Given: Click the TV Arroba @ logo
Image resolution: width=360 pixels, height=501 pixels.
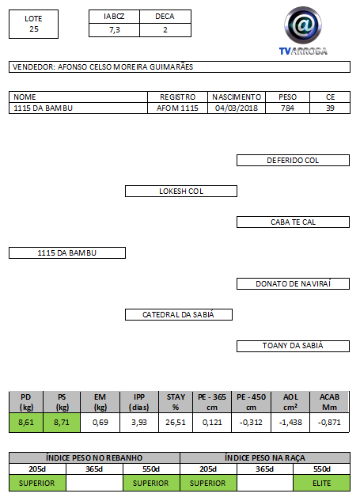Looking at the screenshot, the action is [x=303, y=31].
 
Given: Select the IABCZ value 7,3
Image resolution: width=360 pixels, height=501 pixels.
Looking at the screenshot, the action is [x=115, y=30].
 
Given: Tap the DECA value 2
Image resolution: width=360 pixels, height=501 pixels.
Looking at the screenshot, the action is [x=165, y=30].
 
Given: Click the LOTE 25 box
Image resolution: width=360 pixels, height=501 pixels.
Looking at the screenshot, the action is [x=33, y=24].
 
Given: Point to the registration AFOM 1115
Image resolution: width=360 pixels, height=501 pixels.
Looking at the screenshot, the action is [x=177, y=108].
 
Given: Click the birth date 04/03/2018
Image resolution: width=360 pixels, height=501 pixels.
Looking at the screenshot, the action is [x=237, y=108].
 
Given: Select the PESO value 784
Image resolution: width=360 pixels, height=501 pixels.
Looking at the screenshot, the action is [x=287, y=108].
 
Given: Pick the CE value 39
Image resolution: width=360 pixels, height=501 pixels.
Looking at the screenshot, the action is [x=330, y=108].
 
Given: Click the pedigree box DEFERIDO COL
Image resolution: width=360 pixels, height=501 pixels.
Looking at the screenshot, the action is [x=293, y=161].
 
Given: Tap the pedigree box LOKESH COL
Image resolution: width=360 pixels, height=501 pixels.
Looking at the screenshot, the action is [x=181, y=191].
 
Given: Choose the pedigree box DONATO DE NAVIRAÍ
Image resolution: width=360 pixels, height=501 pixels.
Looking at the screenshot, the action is [x=293, y=283].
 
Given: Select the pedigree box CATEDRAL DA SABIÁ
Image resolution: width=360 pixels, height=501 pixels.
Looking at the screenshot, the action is [x=179, y=315].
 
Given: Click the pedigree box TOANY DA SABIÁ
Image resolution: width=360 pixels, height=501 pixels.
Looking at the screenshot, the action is [x=293, y=346].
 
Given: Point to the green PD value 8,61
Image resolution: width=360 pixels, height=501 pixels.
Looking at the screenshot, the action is [x=26, y=423].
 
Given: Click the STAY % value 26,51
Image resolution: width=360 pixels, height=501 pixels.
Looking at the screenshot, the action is [x=176, y=423].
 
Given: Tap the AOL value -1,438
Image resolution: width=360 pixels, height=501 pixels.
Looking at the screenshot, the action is [x=290, y=423].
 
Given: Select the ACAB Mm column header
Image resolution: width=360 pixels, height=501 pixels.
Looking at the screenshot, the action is [x=329, y=402].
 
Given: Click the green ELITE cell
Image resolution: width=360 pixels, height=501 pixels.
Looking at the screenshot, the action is [x=322, y=483].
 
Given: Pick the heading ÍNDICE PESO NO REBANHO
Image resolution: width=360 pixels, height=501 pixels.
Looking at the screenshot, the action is [x=94, y=458].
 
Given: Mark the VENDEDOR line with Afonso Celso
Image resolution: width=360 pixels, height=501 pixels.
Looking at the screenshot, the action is [x=180, y=67].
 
